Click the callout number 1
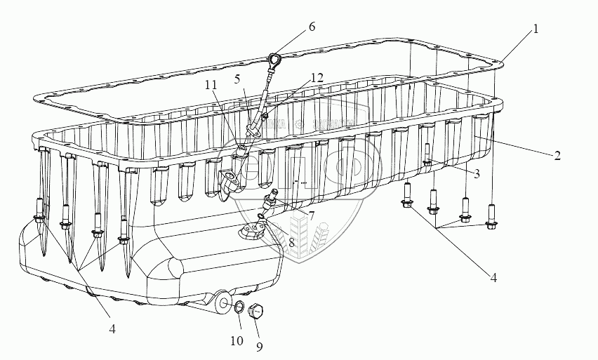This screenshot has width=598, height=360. coord(536,29)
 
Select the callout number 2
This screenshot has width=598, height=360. coord(557,156)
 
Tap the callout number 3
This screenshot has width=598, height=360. coord(477,173)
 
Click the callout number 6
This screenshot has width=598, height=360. coord(311,27)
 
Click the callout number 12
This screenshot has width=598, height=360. coord(317,79)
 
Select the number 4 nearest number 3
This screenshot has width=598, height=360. coord(493,277)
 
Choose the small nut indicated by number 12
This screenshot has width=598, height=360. coord(265,116)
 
